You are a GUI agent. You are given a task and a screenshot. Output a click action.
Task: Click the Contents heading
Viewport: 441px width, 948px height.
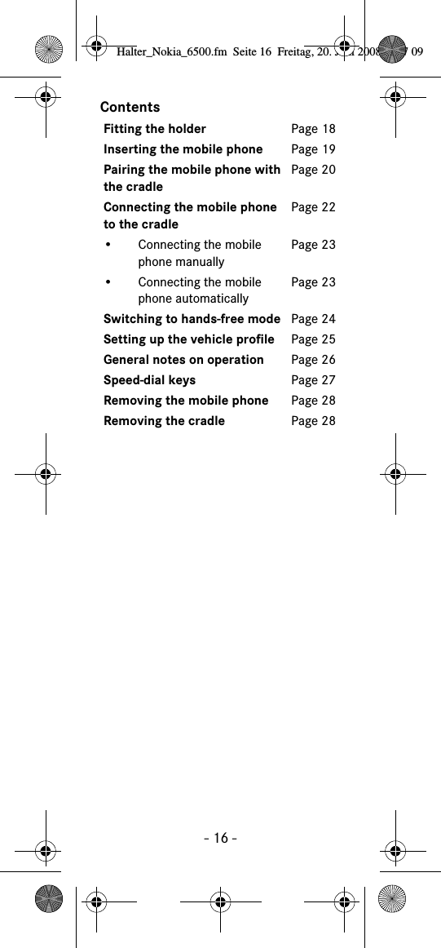(x=130, y=107)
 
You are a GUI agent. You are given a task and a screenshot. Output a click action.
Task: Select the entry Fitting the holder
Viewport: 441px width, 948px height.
(x=155, y=129)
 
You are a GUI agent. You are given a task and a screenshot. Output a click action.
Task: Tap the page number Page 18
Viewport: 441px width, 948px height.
(x=313, y=129)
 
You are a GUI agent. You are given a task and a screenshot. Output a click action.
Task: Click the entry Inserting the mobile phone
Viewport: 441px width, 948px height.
(x=183, y=149)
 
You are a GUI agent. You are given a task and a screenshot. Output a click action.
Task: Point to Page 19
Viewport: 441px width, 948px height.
(x=313, y=149)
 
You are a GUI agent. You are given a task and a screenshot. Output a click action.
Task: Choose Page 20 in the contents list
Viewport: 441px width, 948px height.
(x=313, y=170)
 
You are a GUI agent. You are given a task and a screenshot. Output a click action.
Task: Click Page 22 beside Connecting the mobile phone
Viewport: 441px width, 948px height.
(x=313, y=207)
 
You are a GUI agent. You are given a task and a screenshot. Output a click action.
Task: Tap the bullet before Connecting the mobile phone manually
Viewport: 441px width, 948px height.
(x=108, y=245)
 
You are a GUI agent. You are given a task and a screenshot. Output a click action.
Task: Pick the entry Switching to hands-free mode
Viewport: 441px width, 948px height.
(x=192, y=319)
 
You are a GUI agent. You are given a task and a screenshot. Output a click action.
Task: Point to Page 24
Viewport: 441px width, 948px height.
(x=313, y=319)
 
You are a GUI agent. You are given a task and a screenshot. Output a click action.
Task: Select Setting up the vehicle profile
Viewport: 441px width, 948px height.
(x=189, y=339)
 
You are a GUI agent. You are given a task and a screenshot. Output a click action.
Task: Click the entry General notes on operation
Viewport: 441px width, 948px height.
(x=183, y=360)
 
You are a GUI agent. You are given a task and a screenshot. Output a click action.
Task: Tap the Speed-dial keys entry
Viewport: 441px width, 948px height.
(x=149, y=380)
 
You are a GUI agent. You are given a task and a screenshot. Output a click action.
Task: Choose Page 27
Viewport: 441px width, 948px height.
(x=313, y=380)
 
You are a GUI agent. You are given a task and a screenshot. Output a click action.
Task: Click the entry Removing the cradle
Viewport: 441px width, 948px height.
(x=164, y=421)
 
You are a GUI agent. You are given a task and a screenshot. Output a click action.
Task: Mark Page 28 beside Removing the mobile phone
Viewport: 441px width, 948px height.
(x=313, y=401)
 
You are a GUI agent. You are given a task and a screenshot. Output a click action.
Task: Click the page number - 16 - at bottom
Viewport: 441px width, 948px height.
(x=221, y=838)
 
